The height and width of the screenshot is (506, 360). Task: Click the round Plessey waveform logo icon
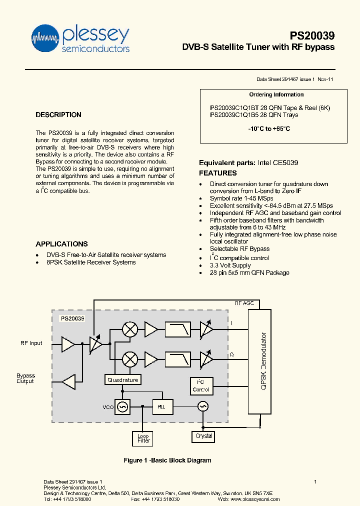tap(45, 37)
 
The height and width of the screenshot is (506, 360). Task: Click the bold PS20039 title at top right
tap(312, 36)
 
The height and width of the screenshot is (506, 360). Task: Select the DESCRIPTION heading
tap(58, 115)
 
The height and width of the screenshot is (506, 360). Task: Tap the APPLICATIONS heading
tap(61, 244)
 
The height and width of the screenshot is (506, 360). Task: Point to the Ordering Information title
tap(276, 94)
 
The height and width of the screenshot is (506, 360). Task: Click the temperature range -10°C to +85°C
tap(269, 129)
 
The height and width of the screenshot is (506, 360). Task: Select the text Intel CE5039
tap(278, 163)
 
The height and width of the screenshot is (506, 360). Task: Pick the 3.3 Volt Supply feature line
tap(230, 265)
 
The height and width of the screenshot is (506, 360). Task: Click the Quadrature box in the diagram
tap(123, 380)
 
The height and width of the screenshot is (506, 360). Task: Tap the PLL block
tap(161, 407)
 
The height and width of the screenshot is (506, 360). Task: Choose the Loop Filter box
tap(143, 438)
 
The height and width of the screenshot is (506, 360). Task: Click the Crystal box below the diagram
tap(204, 436)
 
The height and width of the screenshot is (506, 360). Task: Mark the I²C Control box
tap(201, 385)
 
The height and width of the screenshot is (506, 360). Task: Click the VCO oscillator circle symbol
tap(122, 407)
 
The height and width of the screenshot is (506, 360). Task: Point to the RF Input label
tap(31, 343)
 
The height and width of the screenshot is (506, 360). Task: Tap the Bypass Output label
tap(25, 378)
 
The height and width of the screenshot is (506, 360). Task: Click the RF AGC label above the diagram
tap(244, 303)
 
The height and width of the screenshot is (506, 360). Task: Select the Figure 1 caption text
tap(167, 460)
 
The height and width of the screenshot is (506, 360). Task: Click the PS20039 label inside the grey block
tap(72, 318)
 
